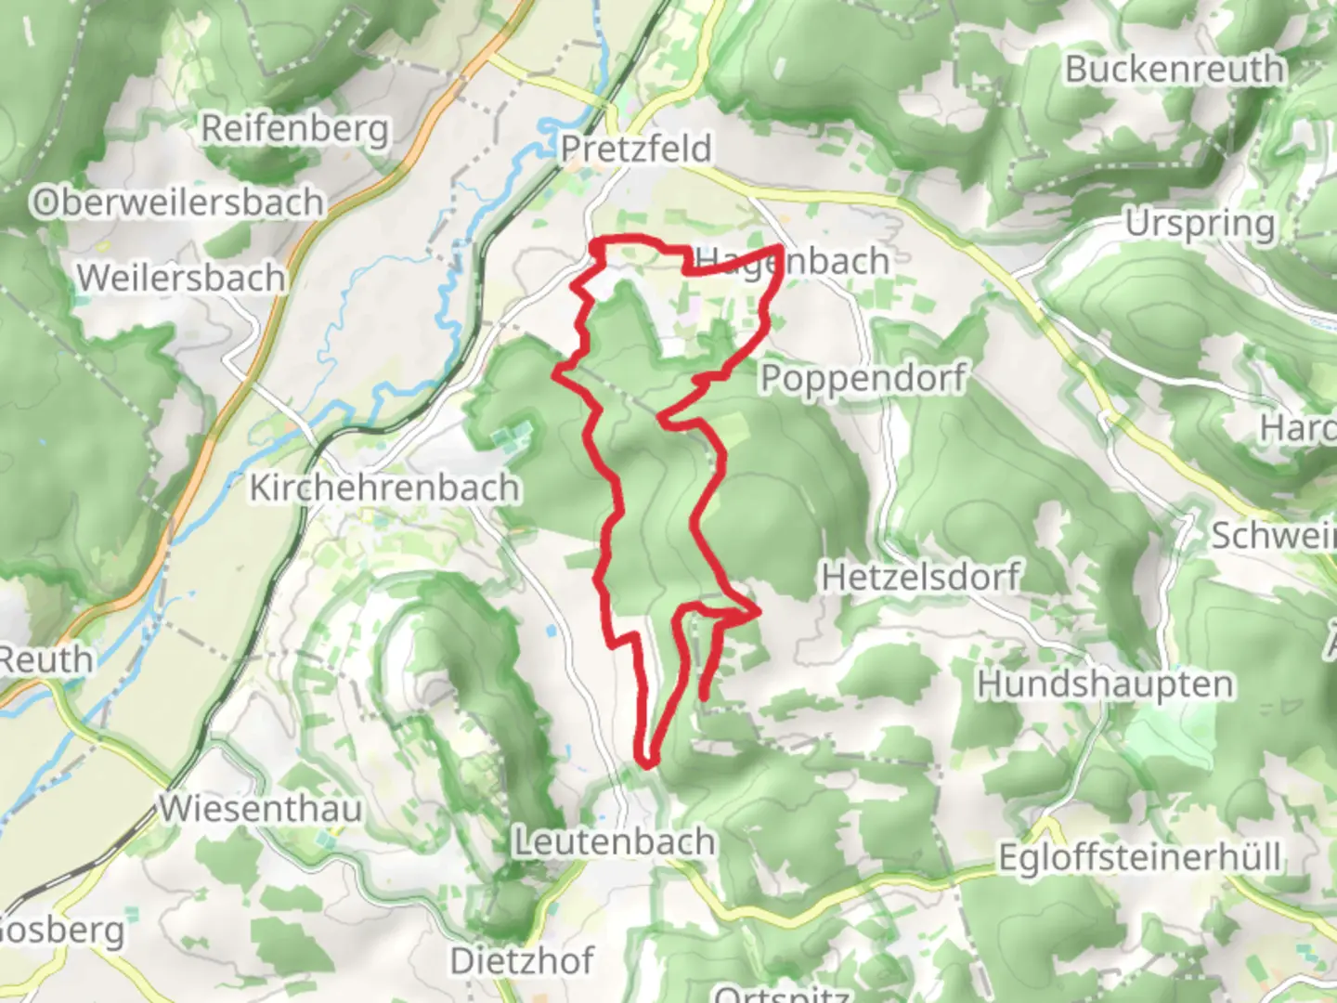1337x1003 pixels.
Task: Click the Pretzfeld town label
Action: (636, 149)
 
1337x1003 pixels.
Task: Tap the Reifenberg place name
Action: (294, 128)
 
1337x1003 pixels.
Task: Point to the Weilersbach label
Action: (180, 277)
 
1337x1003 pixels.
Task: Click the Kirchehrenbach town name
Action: (383, 488)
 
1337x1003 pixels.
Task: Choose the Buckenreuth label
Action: (1174, 69)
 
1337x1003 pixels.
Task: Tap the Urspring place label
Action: (1200, 224)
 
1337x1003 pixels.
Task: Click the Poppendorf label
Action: (863, 378)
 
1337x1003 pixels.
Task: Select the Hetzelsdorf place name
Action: (920, 577)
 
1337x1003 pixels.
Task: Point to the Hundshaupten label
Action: (1105, 684)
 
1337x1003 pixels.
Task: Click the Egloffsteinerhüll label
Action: (1139, 856)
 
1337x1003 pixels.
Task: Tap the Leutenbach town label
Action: (615, 841)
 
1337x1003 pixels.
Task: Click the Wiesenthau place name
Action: (261, 808)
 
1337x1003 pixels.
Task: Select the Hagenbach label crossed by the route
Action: (791, 262)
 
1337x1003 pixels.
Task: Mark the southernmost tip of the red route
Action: (647, 764)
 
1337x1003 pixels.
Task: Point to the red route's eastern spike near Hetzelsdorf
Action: (759, 611)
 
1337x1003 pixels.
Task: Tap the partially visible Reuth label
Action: (45, 659)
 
